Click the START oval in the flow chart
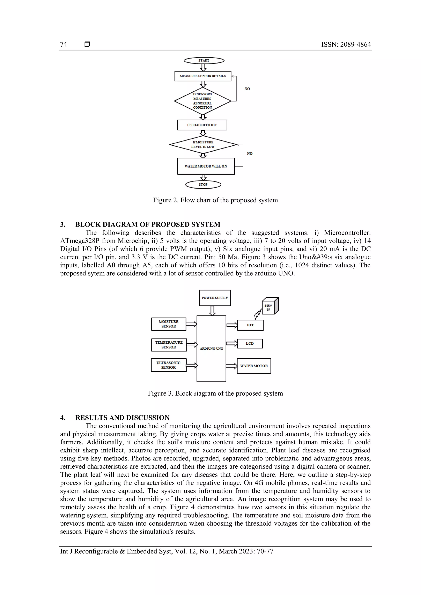point(204,60)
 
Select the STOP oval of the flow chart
point(203,184)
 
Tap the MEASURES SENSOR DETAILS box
point(203,76)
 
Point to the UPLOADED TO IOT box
point(202,125)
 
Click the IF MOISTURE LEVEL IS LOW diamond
point(203,145)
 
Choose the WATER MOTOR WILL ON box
point(206,166)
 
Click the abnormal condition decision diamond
point(203,101)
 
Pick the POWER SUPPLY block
point(215,298)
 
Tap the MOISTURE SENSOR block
point(169,324)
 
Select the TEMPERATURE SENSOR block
point(169,345)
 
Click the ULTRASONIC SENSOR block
point(169,365)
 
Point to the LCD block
point(250,343)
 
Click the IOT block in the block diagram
point(250,325)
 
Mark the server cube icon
point(270,306)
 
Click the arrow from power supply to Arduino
point(212,311)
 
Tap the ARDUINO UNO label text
point(211,349)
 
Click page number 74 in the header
point(64,44)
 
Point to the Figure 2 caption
point(215,200)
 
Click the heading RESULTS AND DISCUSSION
point(122,418)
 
